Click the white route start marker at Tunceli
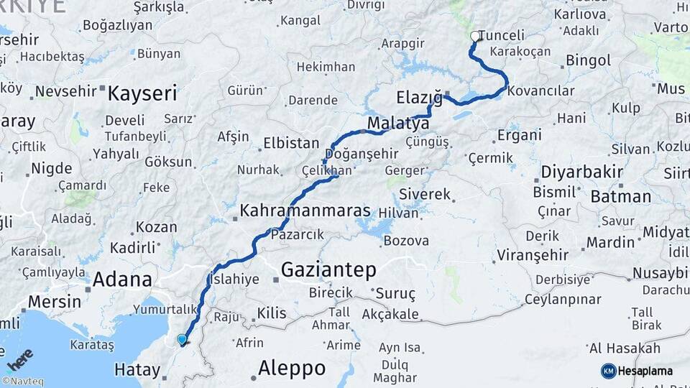(474, 36)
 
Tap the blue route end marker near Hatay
(182, 339)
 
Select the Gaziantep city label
(328, 270)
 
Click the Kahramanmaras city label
(305, 211)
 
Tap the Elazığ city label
(419, 97)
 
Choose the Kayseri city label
(142, 93)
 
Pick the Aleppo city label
(291, 369)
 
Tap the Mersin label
(55, 301)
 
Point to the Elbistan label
(291, 142)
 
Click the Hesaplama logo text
(646, 371)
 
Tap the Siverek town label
(425, 194)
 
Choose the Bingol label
(588, 60)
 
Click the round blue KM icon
(608, 371)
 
